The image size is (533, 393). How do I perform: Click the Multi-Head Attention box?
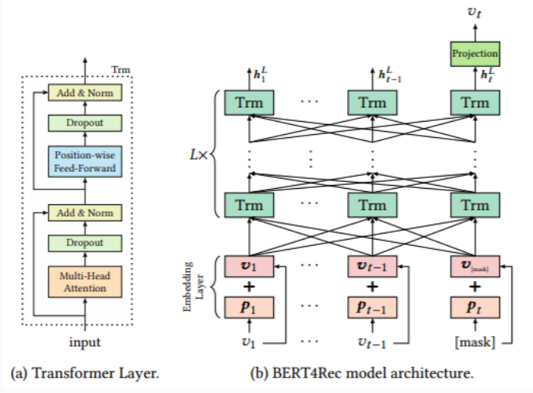tap(85, 282)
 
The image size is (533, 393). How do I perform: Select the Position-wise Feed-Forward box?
tap(85, 162)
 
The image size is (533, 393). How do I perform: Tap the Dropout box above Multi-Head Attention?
tap(85, 243)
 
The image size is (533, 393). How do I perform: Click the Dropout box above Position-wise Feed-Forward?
tap(85, 123)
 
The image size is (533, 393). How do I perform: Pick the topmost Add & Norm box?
tap(85, 92)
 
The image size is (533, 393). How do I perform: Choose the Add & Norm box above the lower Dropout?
tap(85, 213)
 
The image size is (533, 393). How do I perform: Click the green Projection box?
tap(475, 54)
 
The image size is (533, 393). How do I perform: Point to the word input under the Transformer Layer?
tap(85, 342)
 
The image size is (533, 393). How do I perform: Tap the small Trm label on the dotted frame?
tap(120, 69)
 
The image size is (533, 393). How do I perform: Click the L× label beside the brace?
tap(198, 155)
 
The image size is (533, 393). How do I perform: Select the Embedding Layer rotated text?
tap(193, 287)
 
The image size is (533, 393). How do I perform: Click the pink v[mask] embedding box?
tap(475, 267)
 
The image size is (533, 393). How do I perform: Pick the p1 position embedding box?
tap(249, 307)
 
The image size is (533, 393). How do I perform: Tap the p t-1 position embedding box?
tap(373, 307)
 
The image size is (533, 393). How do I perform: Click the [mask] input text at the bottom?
tap(475, 342)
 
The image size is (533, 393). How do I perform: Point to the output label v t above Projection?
tap(474, 12)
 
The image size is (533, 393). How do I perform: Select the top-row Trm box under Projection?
tap(475, 102)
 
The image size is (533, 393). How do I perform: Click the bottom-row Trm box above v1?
tap(249, 205)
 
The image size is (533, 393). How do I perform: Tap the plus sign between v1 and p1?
tap(249, 287)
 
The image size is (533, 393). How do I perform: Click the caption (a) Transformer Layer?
tap(85, 373)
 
